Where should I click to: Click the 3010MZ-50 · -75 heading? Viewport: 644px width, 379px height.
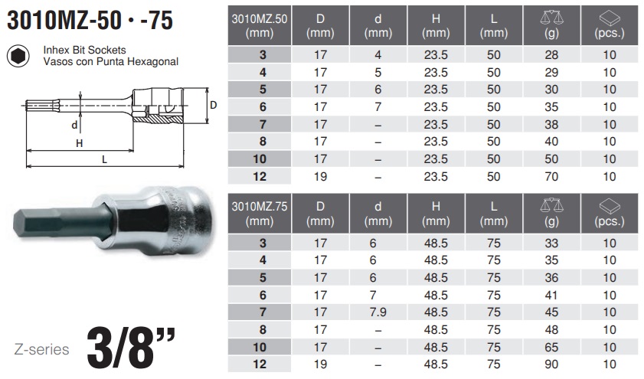[90, 21]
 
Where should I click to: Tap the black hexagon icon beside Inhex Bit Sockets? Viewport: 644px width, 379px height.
[18, 56]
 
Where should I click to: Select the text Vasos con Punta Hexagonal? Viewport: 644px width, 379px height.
[111, 61]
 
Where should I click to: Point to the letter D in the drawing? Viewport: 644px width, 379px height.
[213, 105]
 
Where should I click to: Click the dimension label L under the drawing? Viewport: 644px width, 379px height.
[104, 159]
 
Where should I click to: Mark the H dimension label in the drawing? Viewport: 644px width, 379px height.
[80, 143]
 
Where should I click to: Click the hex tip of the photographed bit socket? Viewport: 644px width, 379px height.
[21, 225]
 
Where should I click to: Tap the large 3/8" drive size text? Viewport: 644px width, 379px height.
[131, 348]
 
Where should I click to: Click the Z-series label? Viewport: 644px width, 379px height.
[41, 349]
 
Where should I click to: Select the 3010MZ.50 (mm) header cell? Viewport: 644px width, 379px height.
[260, 25]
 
